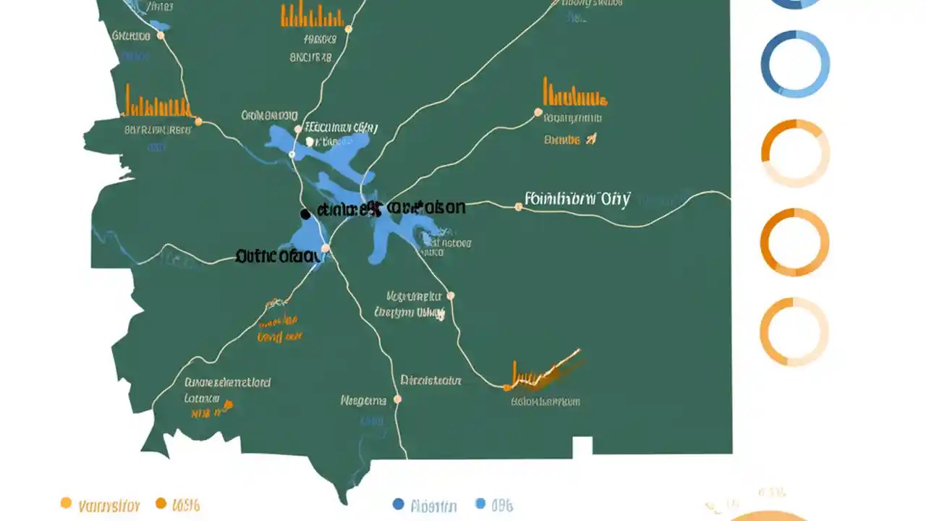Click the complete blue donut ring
[795, 64]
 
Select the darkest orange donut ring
[794, 242]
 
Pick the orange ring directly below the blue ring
[795, 153]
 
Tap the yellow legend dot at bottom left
[66, 503]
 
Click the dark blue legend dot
[398, 504]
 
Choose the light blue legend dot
[481, 504]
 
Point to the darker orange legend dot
[161, 503]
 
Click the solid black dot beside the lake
[305, 214]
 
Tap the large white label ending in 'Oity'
[577, 199]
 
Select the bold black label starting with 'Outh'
[278, 255]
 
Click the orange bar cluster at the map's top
[312, 14]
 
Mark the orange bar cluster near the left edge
[156, 103]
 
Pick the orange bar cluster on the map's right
[574, 93]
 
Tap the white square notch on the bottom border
[582, 447]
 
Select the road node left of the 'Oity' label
[518, 207]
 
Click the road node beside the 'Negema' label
[397, 399]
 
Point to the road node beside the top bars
[348, 30]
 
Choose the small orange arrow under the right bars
[591, 139]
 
